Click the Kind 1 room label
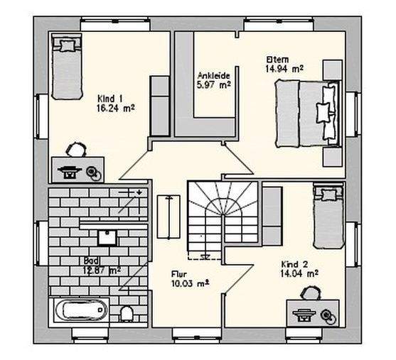[109, 98]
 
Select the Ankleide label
[211, 75]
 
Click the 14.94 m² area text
[284, 69]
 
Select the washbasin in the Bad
[108, 236]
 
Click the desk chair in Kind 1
[75, 149]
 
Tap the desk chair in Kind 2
[310, 293]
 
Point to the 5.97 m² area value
[212, 85]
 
